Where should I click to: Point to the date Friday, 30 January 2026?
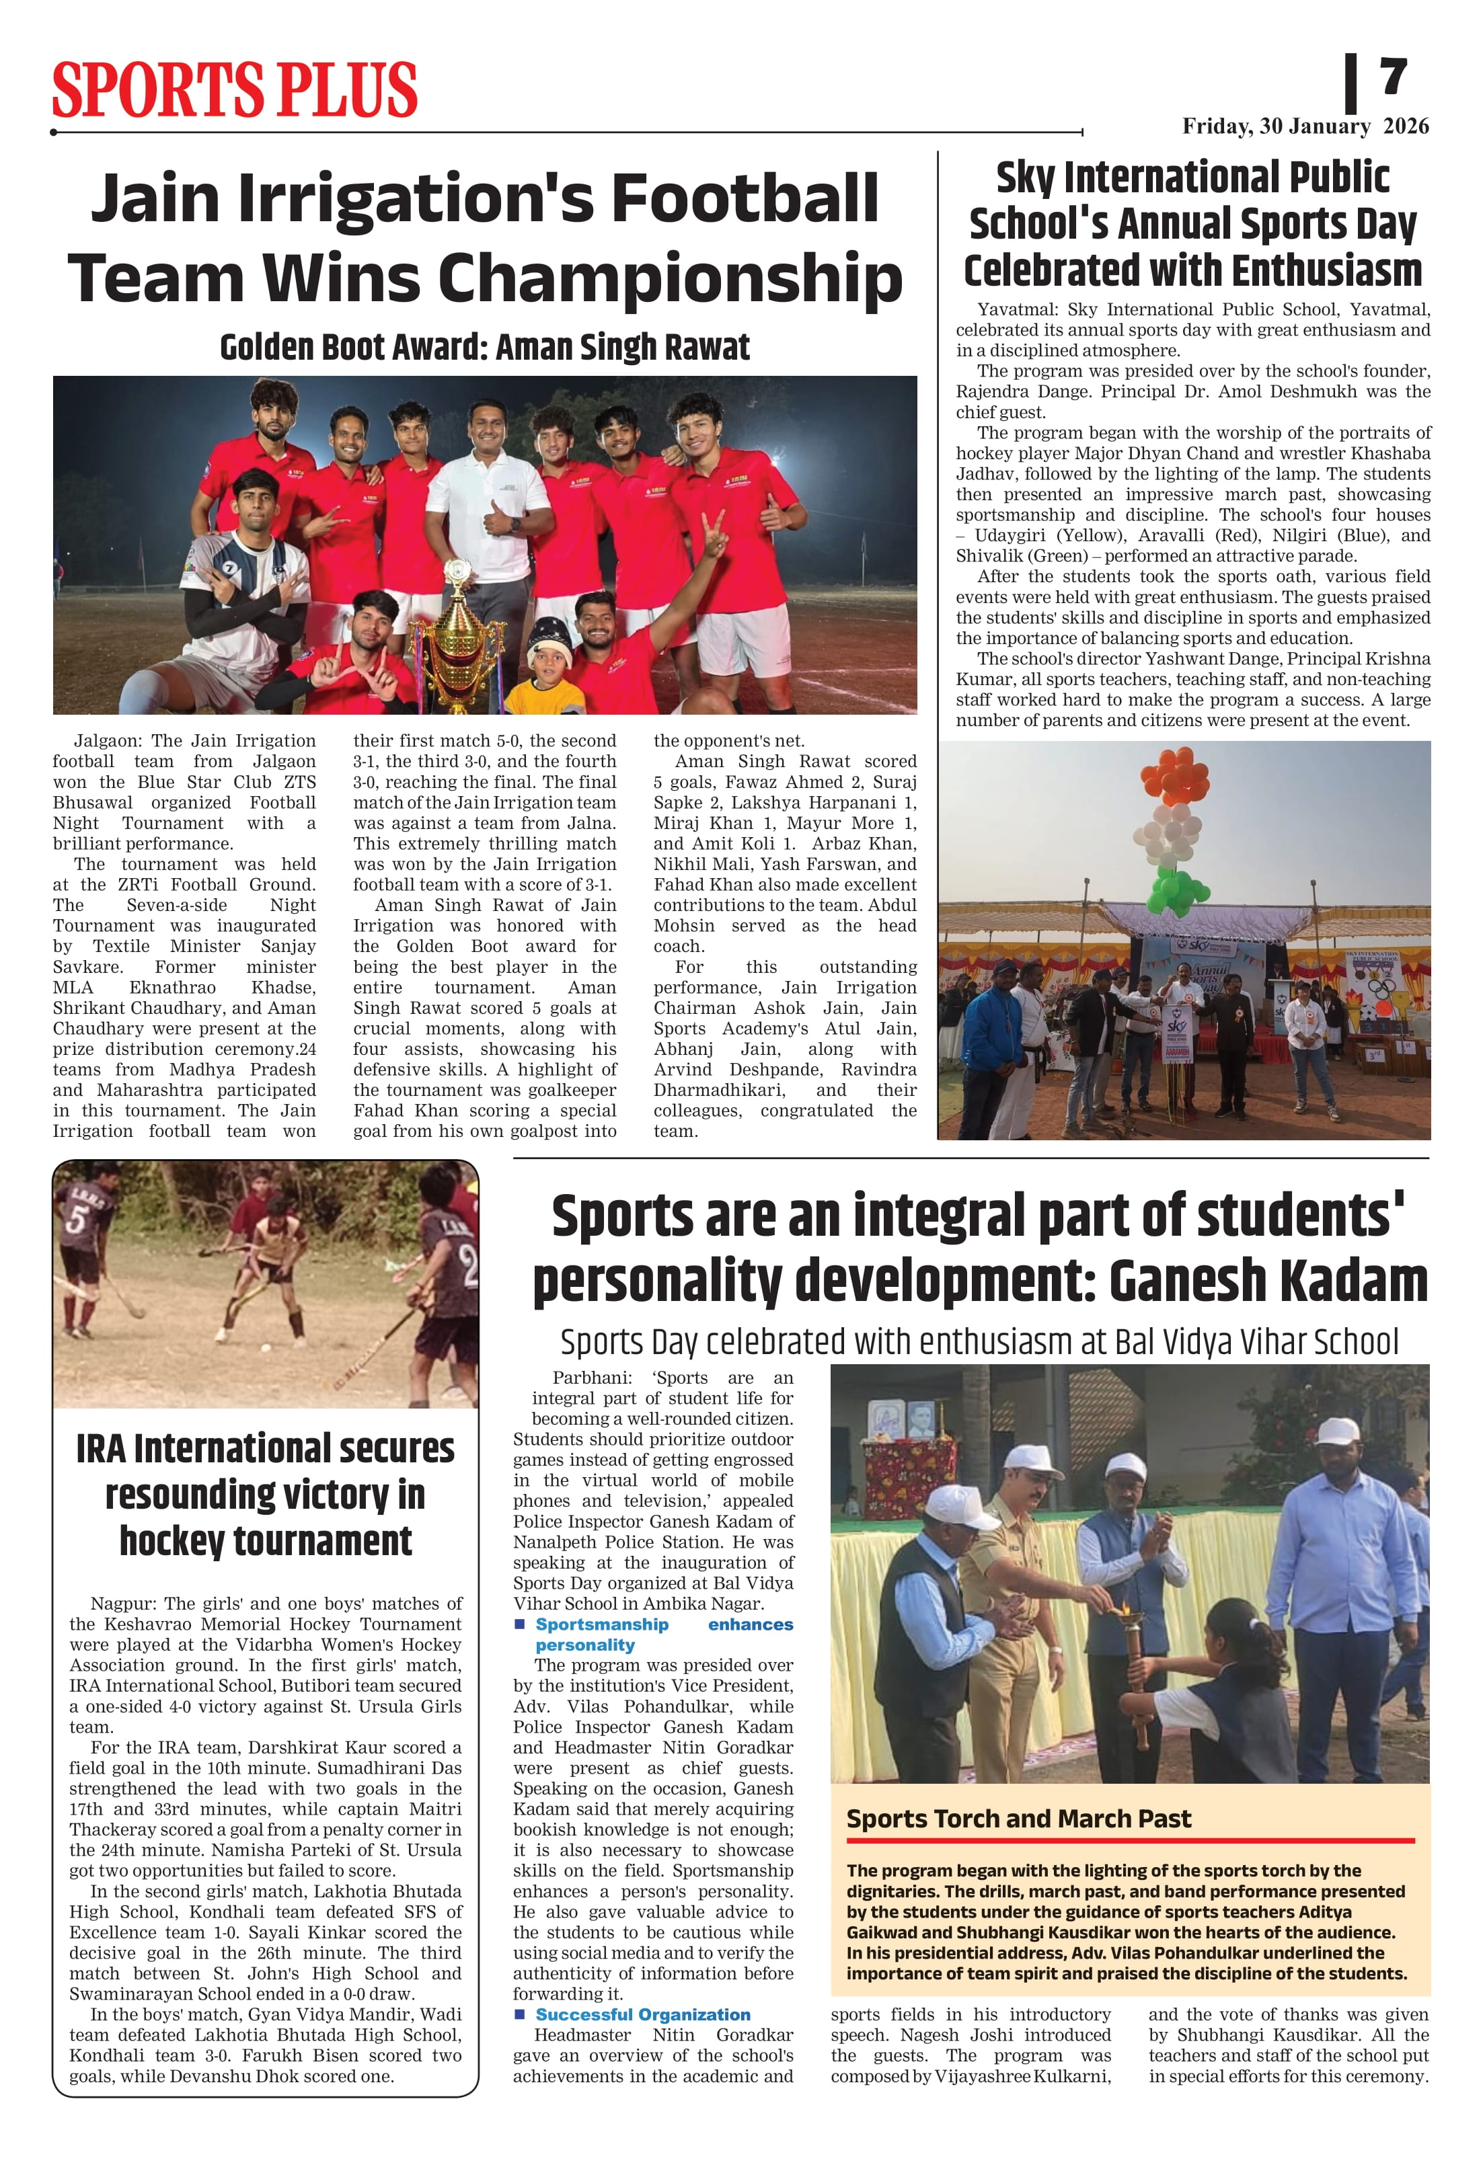(x=1305, y=126)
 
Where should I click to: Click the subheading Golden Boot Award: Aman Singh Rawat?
(x=484, y=348)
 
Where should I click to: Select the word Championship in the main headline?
(x=669, y=278)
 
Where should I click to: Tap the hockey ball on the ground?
(x=266, y=1348)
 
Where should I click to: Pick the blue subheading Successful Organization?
(x=642, y=2015)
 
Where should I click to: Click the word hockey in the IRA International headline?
(x=173, y=1540)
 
